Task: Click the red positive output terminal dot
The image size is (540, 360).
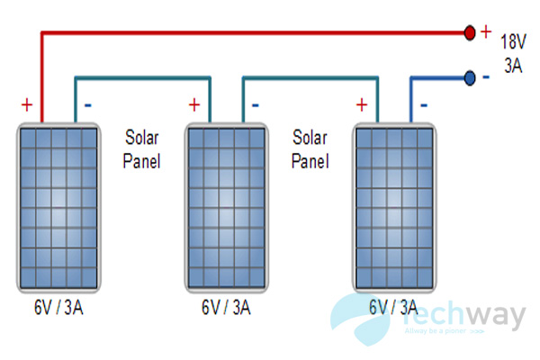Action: tap(469, 33)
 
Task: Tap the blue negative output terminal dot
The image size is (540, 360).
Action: tap(469, 78)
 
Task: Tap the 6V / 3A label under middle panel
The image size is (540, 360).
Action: tap(227, 309)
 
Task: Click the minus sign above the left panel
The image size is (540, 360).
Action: tap(87, 104)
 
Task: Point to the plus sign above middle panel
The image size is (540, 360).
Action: tap(193, 103)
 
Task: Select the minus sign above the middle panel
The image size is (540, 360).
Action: tap(256, 104)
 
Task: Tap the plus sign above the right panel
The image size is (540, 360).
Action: tap(363, 103)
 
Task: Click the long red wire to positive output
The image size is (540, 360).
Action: tap(252, 33)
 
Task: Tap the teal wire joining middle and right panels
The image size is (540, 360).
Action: tap(310, 78)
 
